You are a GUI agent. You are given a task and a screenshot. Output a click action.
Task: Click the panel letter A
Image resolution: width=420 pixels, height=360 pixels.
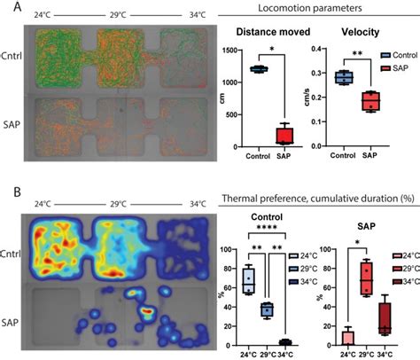click(7, 8)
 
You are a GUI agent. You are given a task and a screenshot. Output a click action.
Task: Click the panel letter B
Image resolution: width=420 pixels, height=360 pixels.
click(7, 192)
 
